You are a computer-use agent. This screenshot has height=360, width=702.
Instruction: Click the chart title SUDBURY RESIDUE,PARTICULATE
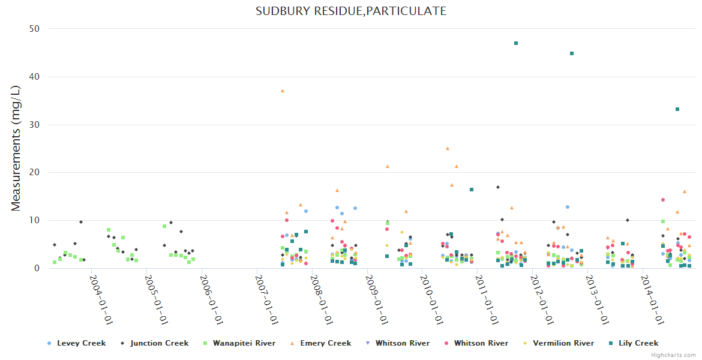[351, 11]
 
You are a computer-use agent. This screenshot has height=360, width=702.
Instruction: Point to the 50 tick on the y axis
[35, 29]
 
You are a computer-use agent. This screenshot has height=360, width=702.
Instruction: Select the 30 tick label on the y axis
[35, 125]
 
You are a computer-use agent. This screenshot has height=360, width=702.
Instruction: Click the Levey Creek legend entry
[81, 343]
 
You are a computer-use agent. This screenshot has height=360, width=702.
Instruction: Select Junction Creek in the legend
[159, 343]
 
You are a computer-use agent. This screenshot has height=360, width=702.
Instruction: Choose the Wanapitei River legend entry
[242, 343]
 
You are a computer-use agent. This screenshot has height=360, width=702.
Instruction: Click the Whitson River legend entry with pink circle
[481, 343]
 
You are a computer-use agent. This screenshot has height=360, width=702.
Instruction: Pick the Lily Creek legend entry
[638, 343]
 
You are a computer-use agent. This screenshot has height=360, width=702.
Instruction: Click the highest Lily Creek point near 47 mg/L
[516, 43]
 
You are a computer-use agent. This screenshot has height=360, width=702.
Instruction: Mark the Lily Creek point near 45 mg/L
[572, 53]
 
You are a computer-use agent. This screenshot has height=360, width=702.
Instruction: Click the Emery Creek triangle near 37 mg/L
[283, 91]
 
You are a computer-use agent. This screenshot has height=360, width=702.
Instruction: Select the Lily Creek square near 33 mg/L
[677, 109]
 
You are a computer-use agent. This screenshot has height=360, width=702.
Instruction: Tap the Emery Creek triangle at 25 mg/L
[448, 148]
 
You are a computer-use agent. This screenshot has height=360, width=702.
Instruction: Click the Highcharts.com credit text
[675, 355]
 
